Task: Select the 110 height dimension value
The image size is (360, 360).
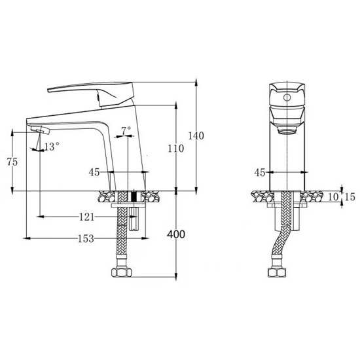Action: pyautogui.click(x=175, y=149)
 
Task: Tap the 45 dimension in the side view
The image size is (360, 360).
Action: pyautogui.click(x=94, y=173)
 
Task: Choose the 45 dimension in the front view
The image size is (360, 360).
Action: pyautogui.click(x=259, y=173)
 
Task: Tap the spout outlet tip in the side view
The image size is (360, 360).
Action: pyautogui.click(x=38, y=131)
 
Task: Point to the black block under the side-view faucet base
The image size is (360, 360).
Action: pyautogui.click(x=135, y=198)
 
